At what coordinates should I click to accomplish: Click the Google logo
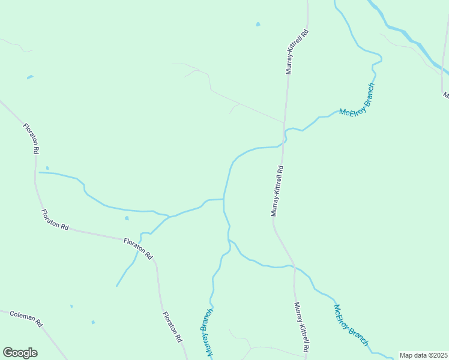(20, 353)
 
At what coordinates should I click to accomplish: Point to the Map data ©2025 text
(424, 355)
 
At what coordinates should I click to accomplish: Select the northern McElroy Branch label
(357, 100)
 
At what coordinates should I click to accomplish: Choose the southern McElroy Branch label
(351, 325)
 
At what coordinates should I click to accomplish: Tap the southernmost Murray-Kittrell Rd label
(301, 327)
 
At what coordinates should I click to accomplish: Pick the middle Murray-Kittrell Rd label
(277, 191)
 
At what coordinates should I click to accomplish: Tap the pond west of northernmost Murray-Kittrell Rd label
(258, 25)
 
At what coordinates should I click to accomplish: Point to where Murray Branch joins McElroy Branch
(229, 240)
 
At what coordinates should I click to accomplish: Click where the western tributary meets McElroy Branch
(224, 199)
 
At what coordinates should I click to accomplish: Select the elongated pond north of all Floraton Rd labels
(29, 77)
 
